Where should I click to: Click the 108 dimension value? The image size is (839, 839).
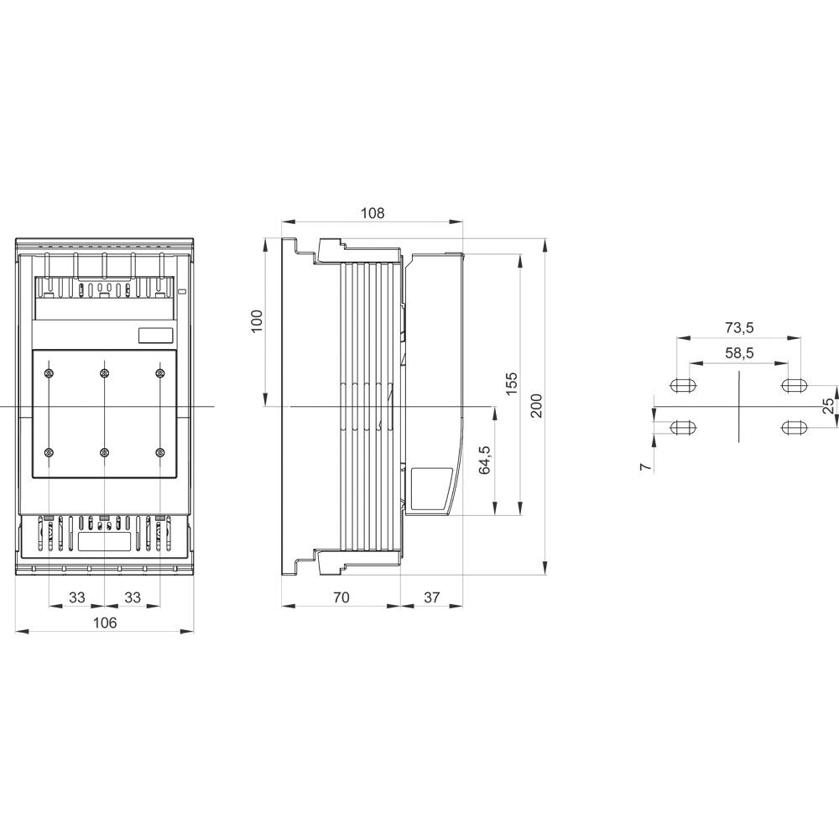[x=373, y=213]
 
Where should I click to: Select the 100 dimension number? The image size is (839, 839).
[x=258, y=320]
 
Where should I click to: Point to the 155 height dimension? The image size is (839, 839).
[x=512, y=383]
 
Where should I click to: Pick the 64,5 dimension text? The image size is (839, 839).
[x=485, y=461]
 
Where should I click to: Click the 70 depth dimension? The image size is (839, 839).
[x=341, y=597]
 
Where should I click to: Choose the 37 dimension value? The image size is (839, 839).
[x=431, y=597]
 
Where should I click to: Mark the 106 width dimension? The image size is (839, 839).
[x=104, y=623]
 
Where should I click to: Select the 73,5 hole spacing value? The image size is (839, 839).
[x=738, y=327]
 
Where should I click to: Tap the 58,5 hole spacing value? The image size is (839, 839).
[x=738, y=353]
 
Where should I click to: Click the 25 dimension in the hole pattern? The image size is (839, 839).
[x=828, y=406]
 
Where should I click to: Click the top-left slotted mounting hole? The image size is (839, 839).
[x=684, y=386]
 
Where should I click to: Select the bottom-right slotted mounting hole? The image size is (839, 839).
[x=793, y=428]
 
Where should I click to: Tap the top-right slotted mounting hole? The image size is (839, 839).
[x=793, y=386]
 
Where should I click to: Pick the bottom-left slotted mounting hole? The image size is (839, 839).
[x=684, y=428]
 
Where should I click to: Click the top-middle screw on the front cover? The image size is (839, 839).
[x=104, y=373]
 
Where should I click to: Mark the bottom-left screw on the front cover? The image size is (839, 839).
[x=50, y=453]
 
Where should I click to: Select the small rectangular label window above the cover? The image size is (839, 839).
[x=156, y=335]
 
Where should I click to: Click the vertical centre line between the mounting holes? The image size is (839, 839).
[x=738, y=407]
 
